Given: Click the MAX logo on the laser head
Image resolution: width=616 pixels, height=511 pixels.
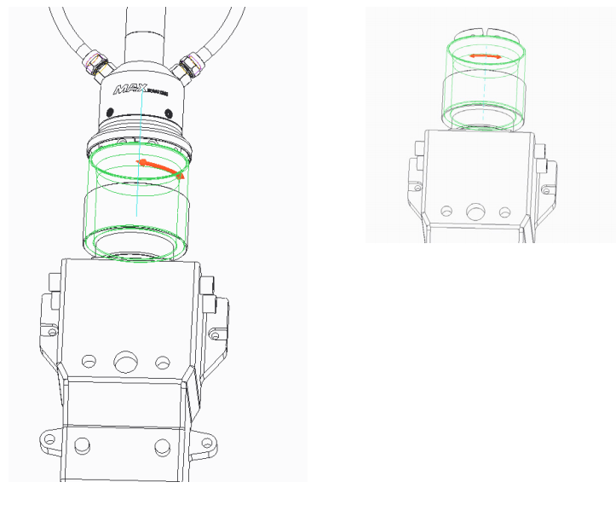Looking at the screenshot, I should pos(137,90).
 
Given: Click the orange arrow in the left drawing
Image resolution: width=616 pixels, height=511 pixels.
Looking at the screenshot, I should pos(160,167).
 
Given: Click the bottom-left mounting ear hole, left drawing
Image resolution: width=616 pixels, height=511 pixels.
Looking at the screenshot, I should pos(49,438).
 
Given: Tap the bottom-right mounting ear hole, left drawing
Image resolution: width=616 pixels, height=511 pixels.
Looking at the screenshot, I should pos(205,440).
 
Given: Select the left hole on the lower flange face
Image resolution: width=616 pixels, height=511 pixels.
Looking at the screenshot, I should pos(83,444).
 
